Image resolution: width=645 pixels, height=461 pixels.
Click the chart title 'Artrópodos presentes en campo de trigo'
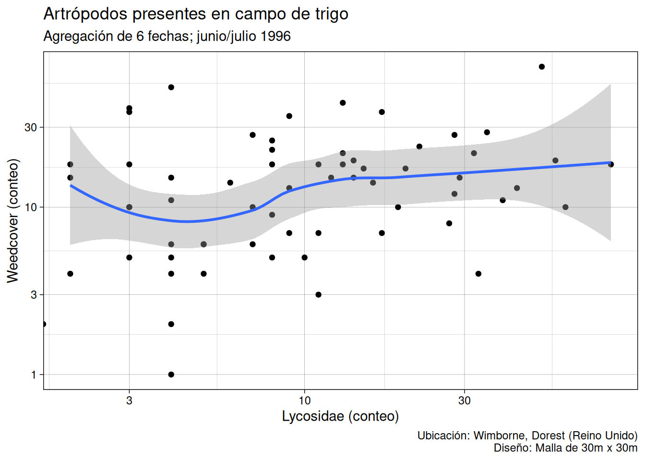[196, 14]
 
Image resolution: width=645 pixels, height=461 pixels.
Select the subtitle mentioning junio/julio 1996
[167, 36]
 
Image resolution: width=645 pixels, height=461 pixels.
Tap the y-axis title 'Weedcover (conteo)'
[13, 220]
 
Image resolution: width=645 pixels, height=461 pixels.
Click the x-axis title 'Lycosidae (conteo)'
[340, 416]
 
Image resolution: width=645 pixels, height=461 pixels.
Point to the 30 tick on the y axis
[31, 127]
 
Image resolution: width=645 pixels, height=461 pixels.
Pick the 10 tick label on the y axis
[31, 207]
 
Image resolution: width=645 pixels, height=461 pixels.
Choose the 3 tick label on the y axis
[34, 295]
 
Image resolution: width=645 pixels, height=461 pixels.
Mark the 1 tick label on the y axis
[34, 375]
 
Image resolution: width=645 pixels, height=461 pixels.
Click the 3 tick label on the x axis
[129, 400]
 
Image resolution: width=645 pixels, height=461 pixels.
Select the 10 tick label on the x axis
[304, 400]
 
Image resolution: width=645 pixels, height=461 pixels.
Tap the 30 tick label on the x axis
[464, 400]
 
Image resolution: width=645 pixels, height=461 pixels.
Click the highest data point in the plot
[542, 67]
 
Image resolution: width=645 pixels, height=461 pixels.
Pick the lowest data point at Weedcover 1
[171, 375]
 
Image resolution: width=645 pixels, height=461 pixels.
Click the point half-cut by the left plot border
[44, 324]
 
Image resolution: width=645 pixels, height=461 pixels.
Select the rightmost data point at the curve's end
[611, 164]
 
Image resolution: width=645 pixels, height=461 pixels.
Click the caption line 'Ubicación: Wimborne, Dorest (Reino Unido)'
[527, 436]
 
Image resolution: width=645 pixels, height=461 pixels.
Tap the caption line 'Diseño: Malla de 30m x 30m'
[565, 448]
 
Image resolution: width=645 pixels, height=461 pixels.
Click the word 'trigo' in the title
[332, 14]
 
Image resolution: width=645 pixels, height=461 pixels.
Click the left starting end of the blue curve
[71, 185]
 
